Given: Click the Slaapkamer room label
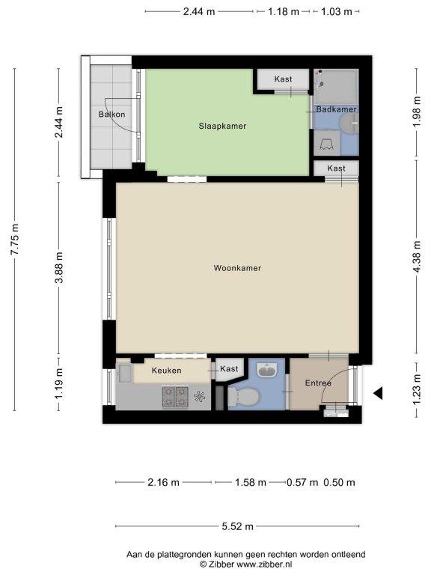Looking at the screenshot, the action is (x=222, y=126).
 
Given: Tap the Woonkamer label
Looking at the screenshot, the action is (x=237, y=268).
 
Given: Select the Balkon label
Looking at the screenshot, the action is (x=111, y=115).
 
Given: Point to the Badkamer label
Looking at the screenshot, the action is (x=337, y=109).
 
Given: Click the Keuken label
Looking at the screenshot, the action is (x=166, y=371).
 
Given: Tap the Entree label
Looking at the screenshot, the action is (x=318, y=383).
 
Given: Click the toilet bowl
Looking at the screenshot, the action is (x=244, y=397).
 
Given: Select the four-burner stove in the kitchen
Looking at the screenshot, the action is (x=176, y=397).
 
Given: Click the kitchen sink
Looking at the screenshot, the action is (x=125, y=374).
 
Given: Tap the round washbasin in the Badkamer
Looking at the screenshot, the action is (x=350, y=123).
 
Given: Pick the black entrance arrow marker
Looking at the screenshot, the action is (x=378, y=393).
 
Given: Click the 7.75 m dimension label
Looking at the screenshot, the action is (x=15, y=239).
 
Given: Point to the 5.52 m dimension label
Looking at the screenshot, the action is (x=237, y=526).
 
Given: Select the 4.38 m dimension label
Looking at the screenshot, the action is (x=417, y=257).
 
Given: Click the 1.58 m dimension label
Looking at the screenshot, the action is (x=251, y=482).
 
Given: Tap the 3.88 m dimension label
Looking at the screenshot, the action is (x=59, y=268).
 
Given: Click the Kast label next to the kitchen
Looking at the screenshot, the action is (x=229, y=368).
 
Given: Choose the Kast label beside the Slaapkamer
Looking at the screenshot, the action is (x=284, y=79).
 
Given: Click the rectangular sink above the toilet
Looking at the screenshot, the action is (x=266, y=370).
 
